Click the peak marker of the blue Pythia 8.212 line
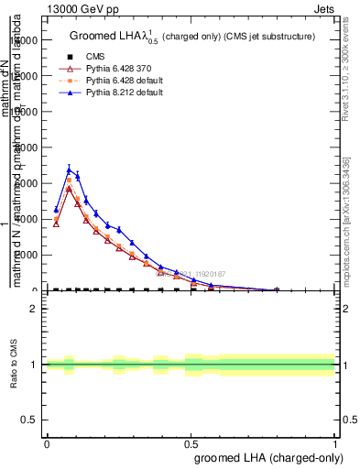point(69,169)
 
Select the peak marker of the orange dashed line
point(69,180)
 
